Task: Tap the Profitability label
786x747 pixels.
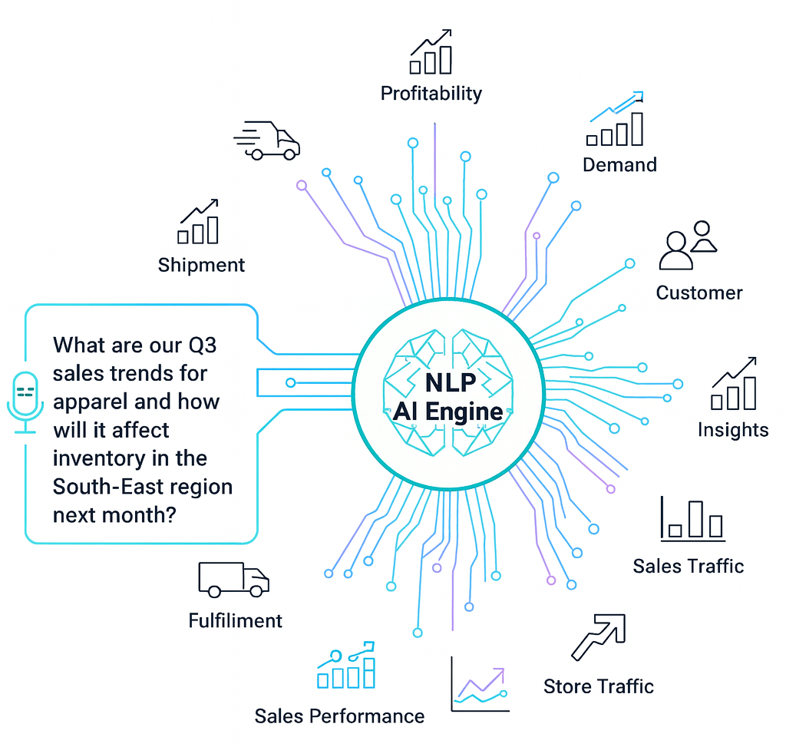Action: coord(431,94)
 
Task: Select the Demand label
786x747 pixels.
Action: coord(619,164)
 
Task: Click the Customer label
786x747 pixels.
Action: coord(699,293)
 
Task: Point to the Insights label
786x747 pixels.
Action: coord(733,429)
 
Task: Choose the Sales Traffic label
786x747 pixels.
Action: coord(689,566)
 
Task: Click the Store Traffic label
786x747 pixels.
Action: coord(599,686)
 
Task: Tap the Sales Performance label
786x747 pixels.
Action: coord(339,716)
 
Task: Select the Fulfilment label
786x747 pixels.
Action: coord(236,620)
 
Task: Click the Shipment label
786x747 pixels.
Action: coord(201,265)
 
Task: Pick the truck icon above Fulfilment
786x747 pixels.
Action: coord(233,579)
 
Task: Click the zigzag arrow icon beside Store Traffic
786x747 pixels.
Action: coord(598,636)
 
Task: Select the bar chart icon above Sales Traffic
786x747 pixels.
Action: coord(692,518)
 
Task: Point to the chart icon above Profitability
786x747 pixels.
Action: coord(431,52)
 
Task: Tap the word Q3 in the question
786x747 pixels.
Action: coord(200,345)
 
